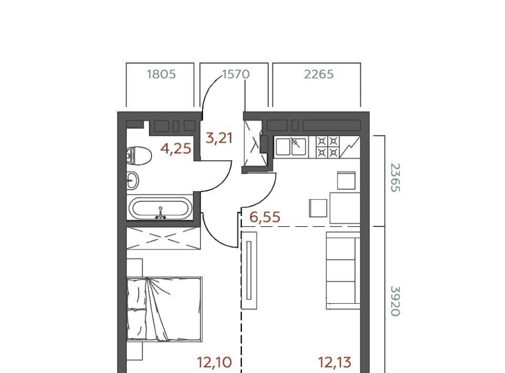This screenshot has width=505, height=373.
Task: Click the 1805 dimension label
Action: [x=161, y=74]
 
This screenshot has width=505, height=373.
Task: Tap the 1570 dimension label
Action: [x=236, y=74]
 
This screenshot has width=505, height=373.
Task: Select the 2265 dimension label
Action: [x=319, y=74]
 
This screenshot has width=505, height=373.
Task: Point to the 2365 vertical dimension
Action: [x=395, y=178]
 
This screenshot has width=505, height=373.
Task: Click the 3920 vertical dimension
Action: [x=395, y=302]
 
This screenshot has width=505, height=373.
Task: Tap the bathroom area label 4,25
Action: [x=176, y=149]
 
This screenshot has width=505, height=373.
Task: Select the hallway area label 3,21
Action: [x=219, y=138]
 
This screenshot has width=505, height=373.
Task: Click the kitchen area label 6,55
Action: [x=265, y=217]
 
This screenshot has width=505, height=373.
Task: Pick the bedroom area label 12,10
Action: [x=214, y=362]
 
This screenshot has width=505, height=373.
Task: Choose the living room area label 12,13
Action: [x=335, y=362]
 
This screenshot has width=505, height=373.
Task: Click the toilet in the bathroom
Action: [x=139, y=156]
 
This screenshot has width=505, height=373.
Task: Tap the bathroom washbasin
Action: [x=133, y=180]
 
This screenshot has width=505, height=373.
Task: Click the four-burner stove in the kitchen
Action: [x=328, y=147]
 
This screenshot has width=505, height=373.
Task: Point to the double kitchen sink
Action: [x=291, y=147]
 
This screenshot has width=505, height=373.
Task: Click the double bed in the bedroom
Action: [x=164, y=309]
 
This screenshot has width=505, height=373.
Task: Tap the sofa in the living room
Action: [x=343, y=271]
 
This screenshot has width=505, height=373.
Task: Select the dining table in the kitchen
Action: [x=345, y=208]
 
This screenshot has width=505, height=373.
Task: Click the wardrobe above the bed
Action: [x=163, y=238]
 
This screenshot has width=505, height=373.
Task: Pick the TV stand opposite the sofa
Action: [x=249, y=271]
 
